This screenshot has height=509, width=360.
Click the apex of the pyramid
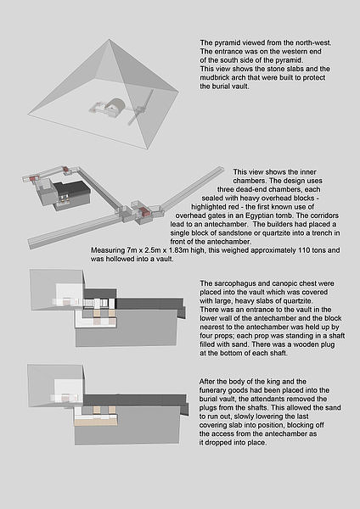tap(110, 40)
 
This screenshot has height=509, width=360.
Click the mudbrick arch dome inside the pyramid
tap(117, 104)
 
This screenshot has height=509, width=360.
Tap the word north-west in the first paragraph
tap(314, 42)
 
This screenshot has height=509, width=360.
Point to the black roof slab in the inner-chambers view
tap(71, 189)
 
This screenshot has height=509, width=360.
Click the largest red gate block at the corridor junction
tap(145, 212)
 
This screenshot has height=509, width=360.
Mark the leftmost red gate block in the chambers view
tap(33, 177)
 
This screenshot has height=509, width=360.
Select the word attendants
tap(273, 399)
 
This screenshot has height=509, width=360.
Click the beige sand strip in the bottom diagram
tap(96, 422)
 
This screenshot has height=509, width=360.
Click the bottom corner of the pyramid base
tap(148, 149)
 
